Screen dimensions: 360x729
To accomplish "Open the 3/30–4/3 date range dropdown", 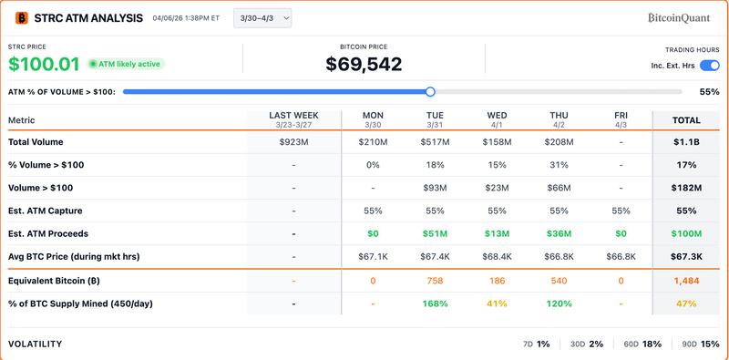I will [262, 17].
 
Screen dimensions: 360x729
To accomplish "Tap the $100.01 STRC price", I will [43, 64].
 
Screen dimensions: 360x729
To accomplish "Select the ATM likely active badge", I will [126, 64].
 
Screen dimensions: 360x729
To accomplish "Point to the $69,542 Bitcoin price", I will [364, 64].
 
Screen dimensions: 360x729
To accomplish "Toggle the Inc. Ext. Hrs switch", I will [709, 66].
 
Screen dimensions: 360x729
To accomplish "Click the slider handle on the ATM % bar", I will [430, 91].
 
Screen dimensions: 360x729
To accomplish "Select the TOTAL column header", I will [686, 120].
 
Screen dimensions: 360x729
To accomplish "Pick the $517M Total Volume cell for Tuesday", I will [435, 142].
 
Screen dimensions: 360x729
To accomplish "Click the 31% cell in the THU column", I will [559, 165].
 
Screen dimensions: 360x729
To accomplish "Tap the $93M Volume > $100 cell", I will [435, 188].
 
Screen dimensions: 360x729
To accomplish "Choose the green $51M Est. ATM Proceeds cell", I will [435, 234].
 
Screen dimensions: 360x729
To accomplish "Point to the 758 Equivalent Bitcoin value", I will [435, 281].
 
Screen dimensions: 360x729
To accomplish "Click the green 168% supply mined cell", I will [435, 303].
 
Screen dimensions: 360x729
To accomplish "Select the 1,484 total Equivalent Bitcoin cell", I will [686, 281].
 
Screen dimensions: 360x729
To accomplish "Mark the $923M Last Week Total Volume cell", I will [293, 142].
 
